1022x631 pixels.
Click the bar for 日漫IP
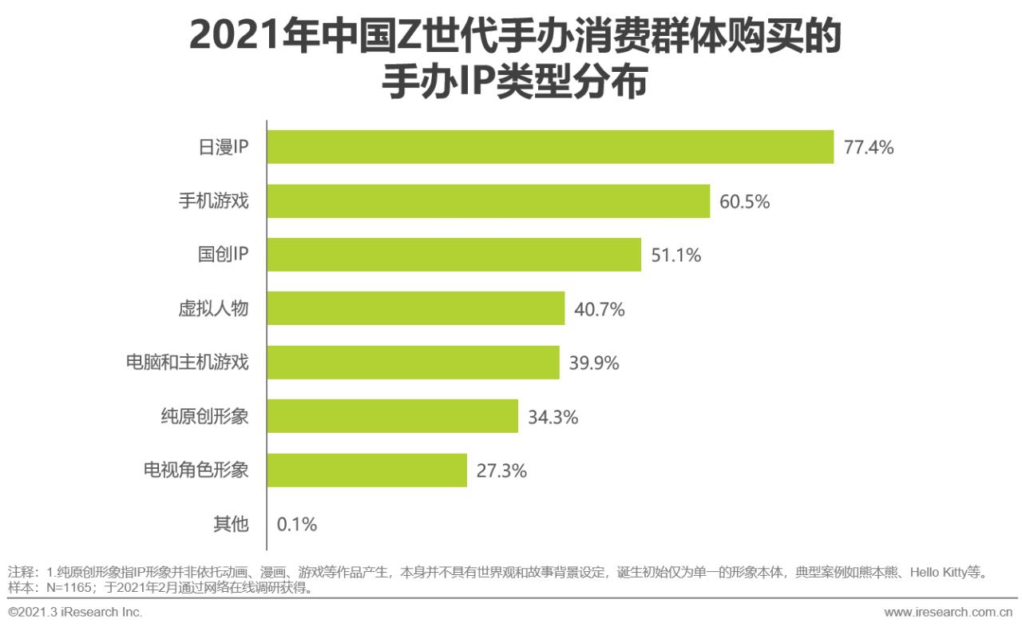coord(550,147)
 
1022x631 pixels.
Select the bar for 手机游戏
coord(488,201)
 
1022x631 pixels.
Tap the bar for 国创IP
coord(454,255)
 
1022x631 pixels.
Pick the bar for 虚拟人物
coord(415,308)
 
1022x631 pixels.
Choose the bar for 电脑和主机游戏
coord(413,363)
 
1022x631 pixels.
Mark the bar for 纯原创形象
coord(392,416)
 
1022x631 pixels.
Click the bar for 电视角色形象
coord(366,470)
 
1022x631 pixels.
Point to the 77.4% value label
coord(869,148)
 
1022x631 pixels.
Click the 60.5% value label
coord(744,202)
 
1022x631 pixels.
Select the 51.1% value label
coord(675,256)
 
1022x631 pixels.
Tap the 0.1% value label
coord(297,525)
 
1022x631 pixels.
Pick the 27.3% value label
coord(501,471)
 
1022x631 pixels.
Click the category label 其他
coord(231,524)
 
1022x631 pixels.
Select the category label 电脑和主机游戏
coord(188,363)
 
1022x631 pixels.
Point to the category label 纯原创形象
coord(205,416)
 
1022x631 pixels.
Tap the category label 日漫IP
coord(223,148)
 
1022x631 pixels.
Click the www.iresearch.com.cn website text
coord(949,613)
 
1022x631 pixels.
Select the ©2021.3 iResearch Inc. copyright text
coord(75,613)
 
